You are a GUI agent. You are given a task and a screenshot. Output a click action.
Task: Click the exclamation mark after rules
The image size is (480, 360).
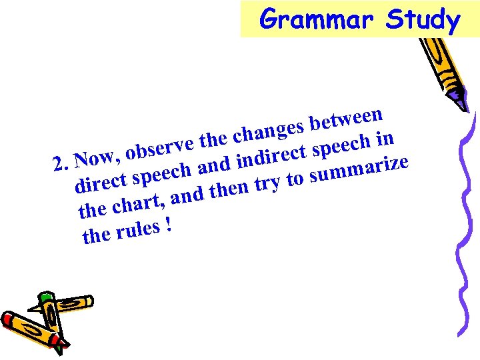(169, 226)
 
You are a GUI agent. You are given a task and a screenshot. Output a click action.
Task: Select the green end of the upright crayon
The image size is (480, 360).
(46, 297)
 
